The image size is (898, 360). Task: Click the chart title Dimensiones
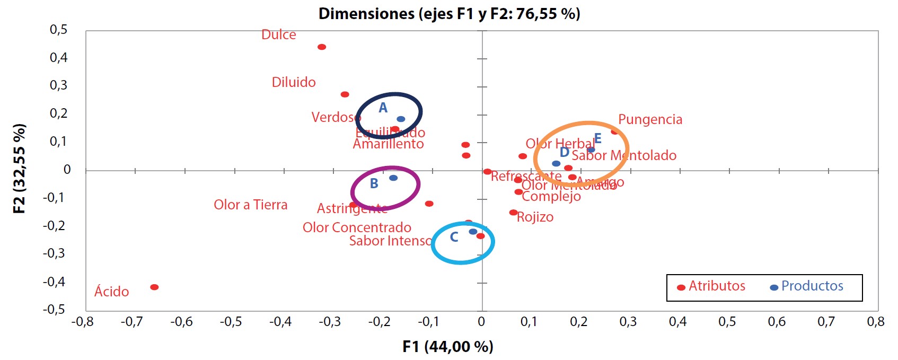tap(449, 13)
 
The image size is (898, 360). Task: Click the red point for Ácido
tap(154, 287)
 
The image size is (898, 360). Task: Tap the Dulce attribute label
tap(279, 35)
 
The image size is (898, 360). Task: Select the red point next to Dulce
tap(322, 47)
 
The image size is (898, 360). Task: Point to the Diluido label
tap(294, 83)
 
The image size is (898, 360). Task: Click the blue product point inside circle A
tap(401, 119)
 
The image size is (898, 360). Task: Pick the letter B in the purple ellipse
tap(374, 184)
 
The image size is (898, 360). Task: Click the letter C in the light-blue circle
tap(454, 238)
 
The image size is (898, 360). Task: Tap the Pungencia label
tap(650, 120)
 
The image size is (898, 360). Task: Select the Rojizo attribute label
tap(535, 217)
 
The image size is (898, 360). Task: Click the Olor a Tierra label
tap(250, 205)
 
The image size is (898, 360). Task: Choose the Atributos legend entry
tap(717, 286)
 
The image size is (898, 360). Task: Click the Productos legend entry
tap(812, 286)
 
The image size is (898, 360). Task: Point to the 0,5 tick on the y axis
tap(59, 30)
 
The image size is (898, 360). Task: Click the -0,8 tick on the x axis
tap(82, 322)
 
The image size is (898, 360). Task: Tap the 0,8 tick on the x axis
tap(875, 322)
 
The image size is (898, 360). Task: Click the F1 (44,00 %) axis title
tap(448, 347)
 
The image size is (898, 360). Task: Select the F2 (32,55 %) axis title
tap(20, 169)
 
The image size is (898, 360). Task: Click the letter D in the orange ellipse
tap(565, 153)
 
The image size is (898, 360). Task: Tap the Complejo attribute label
tap(551, 197)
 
